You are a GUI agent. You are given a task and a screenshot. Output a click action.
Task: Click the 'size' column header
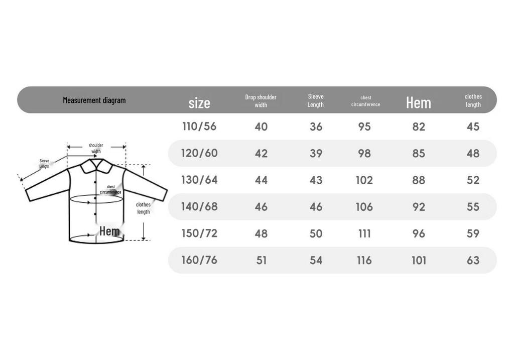coord(199,103)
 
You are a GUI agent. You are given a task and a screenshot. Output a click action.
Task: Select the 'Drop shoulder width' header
coord(261,101)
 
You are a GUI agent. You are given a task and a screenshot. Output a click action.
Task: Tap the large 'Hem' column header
coord(419,102)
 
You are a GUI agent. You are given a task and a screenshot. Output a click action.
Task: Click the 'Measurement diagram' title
coord(94,100)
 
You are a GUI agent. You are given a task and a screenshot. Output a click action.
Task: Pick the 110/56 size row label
coord(199,126)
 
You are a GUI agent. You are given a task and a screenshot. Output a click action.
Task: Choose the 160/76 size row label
coord(199,260)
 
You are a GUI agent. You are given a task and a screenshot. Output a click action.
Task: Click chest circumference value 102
coord(364,180)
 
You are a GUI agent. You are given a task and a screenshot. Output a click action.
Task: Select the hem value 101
coord(419,260)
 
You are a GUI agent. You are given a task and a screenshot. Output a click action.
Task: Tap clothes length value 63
coord(473,260)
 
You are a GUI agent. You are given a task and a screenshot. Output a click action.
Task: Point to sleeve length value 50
coord(316,233)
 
